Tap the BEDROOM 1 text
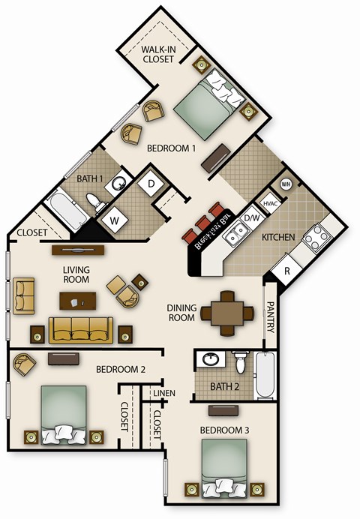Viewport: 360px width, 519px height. [x=171, y=148]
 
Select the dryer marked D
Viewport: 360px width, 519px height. [x=150, y=183]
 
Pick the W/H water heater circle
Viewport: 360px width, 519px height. [x=286, y=184]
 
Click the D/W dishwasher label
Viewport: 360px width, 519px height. [x=252, y=218]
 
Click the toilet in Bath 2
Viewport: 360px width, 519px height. [x=239, y=363]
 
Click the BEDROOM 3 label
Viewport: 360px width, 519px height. [x=224, y=430]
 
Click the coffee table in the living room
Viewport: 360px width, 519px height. [x=78, y=301]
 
